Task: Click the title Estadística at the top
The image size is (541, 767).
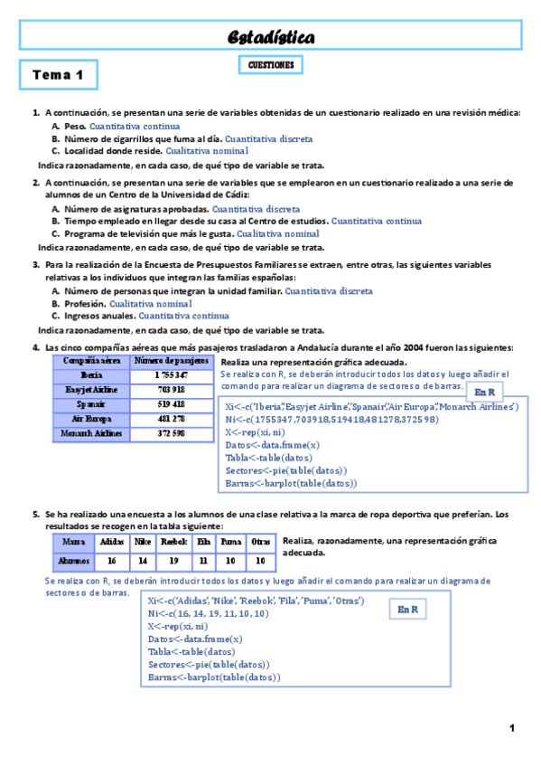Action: coord(271,37)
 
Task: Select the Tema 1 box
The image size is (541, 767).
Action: coord(59,75)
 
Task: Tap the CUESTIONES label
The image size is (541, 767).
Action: coord(271,65)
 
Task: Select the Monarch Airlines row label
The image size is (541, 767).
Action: coord(91,433)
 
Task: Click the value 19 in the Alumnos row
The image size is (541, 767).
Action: coord(173,561)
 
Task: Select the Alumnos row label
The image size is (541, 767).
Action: coord(73,561)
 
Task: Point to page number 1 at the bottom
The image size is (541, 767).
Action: coord(511,728)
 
